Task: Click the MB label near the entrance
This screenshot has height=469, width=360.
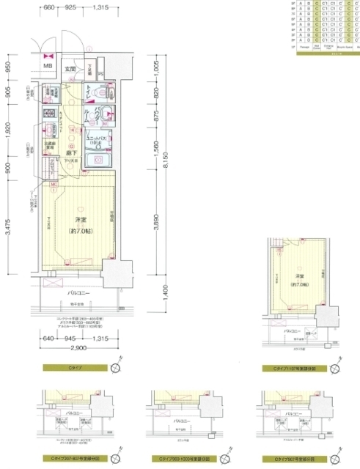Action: pos(48,67)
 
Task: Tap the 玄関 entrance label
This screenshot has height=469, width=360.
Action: pos(70,69)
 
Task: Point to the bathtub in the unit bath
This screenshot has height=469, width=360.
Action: pos(97,160)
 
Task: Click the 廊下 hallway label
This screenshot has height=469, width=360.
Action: pos(70,153)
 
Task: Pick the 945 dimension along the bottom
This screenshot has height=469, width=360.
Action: pos(70,339)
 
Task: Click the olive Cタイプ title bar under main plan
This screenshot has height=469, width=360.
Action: pos(75,367)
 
